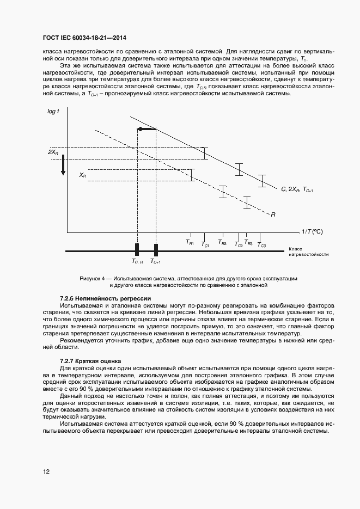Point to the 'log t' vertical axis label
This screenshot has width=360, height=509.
pyautogui.click(x=53, y=111)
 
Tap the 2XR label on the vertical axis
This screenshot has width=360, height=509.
pyautogui.click(x=53, y=152)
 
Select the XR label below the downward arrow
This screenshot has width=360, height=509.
pyautogui.click(x=82, y=175)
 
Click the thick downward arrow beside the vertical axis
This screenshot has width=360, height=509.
pyautogui.click(x=63, y=165)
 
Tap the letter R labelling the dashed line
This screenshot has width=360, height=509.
pyautogui.click(x=273, y=214)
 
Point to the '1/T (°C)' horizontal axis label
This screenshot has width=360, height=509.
pyautogui.click(x=313, y=231)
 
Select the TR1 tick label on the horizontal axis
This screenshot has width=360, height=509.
pyautogui.click(x=190, y=242)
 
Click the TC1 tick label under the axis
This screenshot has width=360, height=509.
pyautogui.click(x=205, y=246)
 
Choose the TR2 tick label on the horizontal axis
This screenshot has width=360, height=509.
pyautogui.click(x=222, y=242)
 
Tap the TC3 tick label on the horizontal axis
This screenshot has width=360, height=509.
pyautogui.click(x=261, y=246)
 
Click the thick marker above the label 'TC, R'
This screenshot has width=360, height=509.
pyautogui.click(x=137, y=250)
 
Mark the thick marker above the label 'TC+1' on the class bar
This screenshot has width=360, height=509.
pyautogui.click(x=156, y=250)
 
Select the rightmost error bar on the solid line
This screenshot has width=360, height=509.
pyautogui.click(x=262, y=181)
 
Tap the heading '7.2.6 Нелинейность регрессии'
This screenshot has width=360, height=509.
pyautogui.click(x=104, y=298)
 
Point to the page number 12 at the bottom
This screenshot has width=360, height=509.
pyautogui.click(x=46, y=471)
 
